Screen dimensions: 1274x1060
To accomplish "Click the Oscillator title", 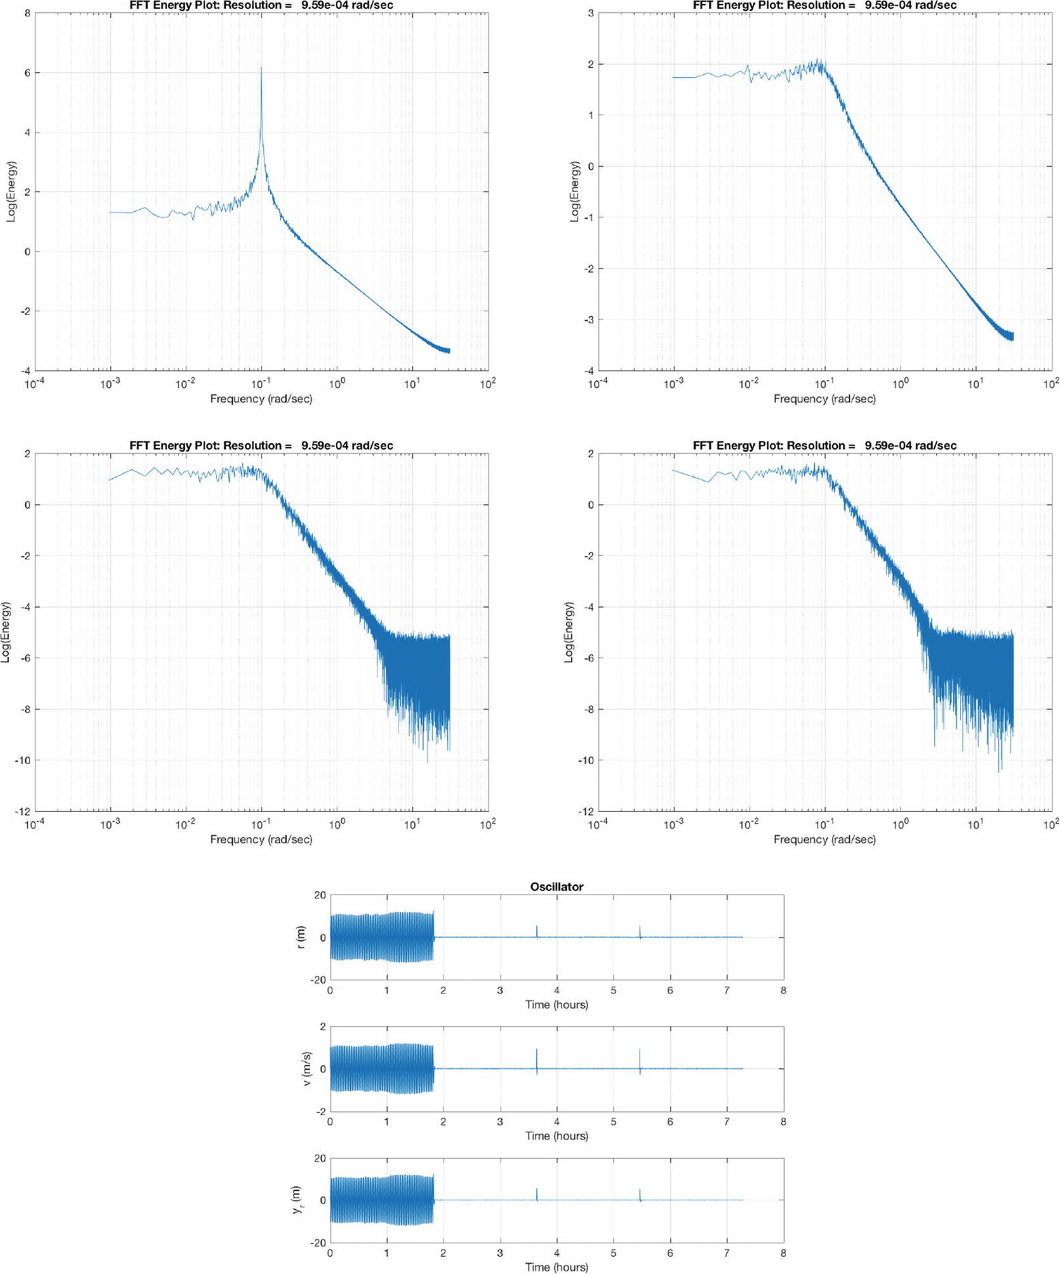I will click(557, 886).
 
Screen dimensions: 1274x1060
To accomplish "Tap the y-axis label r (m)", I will click(301, 937).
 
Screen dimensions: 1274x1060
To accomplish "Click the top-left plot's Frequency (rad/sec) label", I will click(261, 399).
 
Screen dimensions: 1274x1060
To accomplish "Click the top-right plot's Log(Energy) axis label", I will click(575, 191).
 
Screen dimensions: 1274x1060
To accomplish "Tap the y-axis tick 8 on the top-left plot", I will click(27, 13).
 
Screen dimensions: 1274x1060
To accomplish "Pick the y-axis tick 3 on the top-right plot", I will click(591, 13).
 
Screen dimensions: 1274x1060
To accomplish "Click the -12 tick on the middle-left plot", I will click(23, 811).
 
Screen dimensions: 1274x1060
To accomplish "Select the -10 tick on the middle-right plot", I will click(587, 760).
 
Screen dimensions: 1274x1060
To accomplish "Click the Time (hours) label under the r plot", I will click(557, 1004).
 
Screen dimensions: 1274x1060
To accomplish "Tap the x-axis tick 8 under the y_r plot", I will click(783, 1252).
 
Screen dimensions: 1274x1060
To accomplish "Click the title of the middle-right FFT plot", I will click(824, 446).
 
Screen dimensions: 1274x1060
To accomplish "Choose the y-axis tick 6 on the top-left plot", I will click(27, 73).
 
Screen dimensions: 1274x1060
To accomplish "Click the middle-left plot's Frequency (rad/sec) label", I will click(261, 839).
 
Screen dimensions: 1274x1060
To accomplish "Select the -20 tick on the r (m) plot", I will click(319, 980).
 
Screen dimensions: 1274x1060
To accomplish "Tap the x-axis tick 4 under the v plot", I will click(557, 1121).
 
